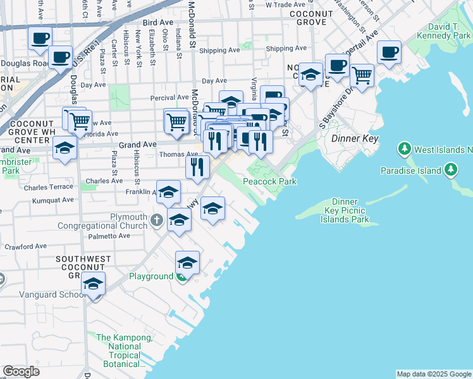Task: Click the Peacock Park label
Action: [270, 182]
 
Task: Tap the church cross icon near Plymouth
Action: [157, 220]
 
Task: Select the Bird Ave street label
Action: [158, 22]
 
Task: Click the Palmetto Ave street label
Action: [109, 236]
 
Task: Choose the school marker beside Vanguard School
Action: [94, 285]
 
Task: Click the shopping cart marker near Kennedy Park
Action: [362, 75]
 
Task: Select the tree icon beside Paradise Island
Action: [451, 170]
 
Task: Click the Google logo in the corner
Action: [21, 371]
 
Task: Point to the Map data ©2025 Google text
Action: [434, 374]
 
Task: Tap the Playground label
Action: [151, 277]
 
